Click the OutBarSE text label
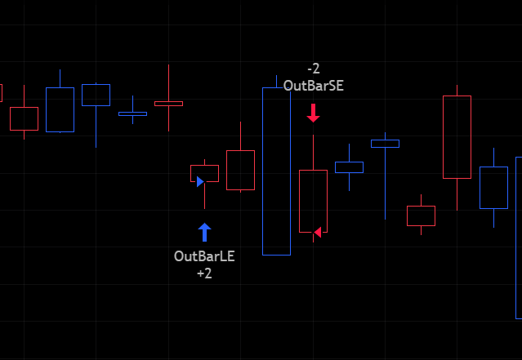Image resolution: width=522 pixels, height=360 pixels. coord(313,85)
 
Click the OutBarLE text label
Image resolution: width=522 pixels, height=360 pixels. coord(204,256)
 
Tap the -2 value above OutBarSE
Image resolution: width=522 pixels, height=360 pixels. coord(313,69)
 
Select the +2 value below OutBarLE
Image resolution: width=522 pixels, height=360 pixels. coord(204,273)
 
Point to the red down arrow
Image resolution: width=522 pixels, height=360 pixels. coord(313,113)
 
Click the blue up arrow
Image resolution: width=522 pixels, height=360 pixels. coord(204,232)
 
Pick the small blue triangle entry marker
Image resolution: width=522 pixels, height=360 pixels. coord(200,181)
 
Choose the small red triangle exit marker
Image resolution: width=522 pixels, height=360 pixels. coord(317,232)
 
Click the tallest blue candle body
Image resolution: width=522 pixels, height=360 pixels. coord(276,171)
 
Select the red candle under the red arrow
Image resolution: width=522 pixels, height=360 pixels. coord(313,200)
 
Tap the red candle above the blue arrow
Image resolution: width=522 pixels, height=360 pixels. coord(204,173)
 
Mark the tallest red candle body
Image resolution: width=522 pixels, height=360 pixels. coord(457,136)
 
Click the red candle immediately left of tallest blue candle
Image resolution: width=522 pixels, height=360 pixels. coord(240,170)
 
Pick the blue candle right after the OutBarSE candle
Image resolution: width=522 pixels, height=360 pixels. coord(349,167)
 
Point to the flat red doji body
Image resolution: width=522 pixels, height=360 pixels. coord(168,104)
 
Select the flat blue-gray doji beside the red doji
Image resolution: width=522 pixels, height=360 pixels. coord(132,113)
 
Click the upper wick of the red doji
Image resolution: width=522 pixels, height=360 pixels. coord(168,82)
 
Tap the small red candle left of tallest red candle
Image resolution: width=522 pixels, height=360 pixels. coord(421,216)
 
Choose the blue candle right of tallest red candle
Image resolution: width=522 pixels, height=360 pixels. coord(493,187)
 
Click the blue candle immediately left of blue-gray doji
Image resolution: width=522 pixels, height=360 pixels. coord(96,95)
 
